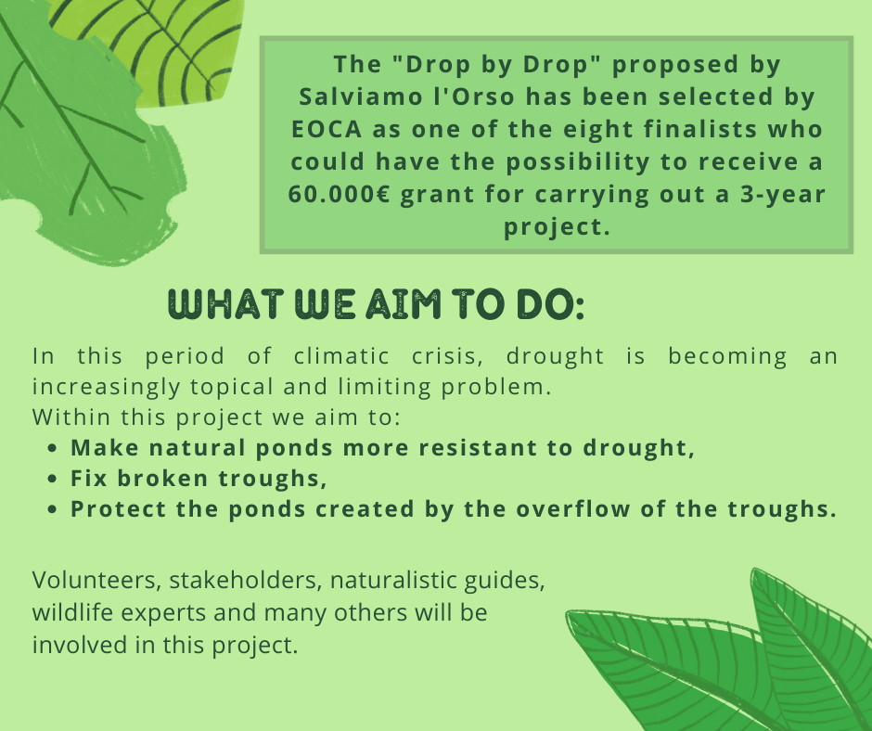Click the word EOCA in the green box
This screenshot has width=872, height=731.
coord(327,130)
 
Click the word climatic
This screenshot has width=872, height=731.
coord(341,356)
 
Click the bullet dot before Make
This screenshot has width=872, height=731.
coord(52,448)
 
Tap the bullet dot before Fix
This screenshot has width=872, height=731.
coord(52,479)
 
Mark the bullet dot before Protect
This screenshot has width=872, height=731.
coord(52,509)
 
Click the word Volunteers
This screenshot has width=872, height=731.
coord(96,581)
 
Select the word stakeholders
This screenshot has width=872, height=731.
coord(246,580)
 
